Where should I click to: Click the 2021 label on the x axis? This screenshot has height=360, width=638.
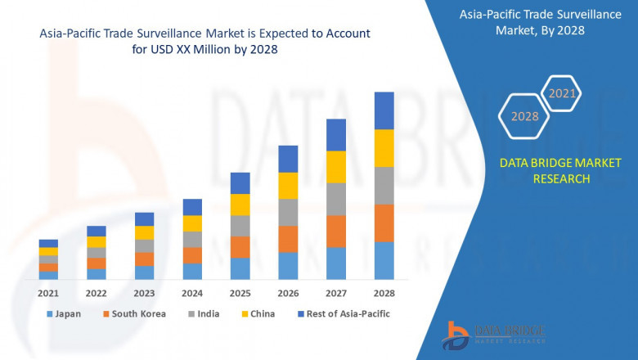[x=48, y=293]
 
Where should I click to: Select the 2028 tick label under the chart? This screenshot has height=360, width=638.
[x=384, y=293]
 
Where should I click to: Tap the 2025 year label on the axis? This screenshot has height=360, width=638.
[x=240, y=293]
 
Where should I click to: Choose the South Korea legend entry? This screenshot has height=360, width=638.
[x=133, y=313]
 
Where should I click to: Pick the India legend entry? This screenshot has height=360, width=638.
[x=204, y=313]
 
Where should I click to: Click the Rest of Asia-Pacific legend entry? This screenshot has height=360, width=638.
[x=344, y=313]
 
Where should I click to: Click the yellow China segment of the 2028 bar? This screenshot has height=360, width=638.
[x=384, y=148]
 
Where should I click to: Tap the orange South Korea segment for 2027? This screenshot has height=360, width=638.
[x=336, y=232]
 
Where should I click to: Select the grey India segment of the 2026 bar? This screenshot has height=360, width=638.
[x=288, y=212]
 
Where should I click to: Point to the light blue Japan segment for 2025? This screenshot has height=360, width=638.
[x=240, y=269]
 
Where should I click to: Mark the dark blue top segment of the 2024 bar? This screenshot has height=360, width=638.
[x=192, y=207]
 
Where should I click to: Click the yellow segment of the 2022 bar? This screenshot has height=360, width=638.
[x=97, y=242]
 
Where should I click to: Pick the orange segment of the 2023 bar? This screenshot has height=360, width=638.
[x=144, y=259]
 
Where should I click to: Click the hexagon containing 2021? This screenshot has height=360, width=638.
[x=562, y=94]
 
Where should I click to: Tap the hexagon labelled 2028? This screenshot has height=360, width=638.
[x=524, y=116]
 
